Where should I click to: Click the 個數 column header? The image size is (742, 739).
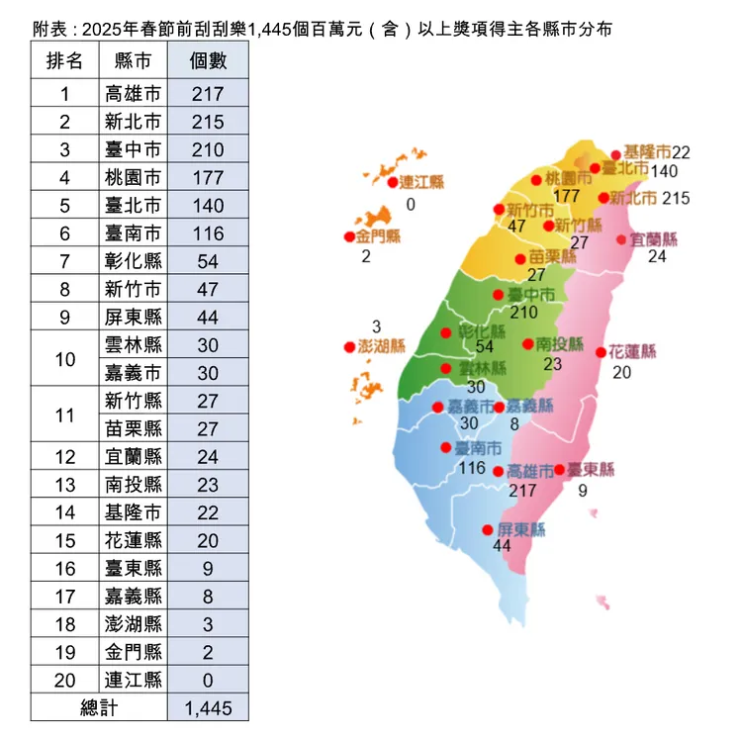coord(209,61)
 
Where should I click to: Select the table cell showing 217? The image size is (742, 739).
coord(209,95)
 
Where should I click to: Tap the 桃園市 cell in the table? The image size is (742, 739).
coord(133,178)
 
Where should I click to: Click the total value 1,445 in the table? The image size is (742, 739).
coord(209,707)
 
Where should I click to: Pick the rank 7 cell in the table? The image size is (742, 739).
coord(65,261)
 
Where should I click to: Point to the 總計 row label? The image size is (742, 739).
coord(100,707)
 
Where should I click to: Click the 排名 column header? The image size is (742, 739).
coord(65,61)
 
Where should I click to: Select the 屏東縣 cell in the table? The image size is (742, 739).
coord(133,317)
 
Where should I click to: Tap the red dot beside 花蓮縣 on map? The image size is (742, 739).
coord(601,352)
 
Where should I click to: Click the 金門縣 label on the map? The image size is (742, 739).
coord(378,236)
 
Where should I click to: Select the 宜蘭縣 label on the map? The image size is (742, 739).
coord(654,239)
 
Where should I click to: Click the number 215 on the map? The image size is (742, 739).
coord(676,198)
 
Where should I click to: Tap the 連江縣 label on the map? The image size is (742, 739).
coord(421,182)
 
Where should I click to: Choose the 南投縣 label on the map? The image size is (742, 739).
coord(561,344)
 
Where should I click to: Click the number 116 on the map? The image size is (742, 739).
coord(473,467)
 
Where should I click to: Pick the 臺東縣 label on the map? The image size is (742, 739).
coord(591,469)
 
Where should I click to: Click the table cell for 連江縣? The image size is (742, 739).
coord(133,680)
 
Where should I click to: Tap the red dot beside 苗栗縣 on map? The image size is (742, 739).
coord(520,259)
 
